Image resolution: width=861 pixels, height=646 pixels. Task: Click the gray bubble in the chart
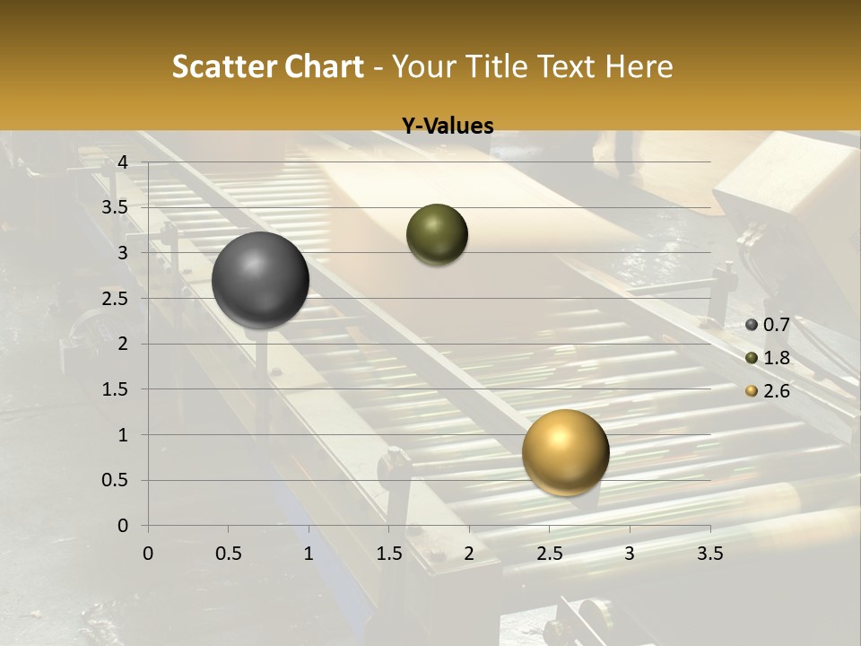[x=260, y=280]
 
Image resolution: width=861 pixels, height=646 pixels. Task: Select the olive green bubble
[x=437, y=234]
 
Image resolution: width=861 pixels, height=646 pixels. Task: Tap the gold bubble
[x=565, y=452]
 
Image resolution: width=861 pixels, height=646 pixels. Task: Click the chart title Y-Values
[x=448, y=127]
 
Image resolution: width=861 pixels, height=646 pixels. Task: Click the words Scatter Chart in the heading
[x=268, y=66]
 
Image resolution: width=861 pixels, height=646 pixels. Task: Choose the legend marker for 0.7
[x=752, y=325]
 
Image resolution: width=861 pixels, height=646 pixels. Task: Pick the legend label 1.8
[x=776, y=358]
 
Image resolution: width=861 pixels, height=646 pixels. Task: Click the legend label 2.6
[x=776, y=391]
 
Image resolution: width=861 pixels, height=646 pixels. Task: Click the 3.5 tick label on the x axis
[x=709, y=554]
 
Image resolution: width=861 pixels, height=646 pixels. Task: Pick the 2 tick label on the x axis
[x=469, y=554]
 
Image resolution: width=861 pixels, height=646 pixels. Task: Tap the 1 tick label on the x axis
[x=309, y=554]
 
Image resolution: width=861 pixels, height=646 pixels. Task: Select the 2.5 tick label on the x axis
[x=549, y=554]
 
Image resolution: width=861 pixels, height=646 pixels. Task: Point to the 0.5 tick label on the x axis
[x=228, y=554]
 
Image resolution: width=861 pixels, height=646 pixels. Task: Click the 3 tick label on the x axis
[x=630, y=554]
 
